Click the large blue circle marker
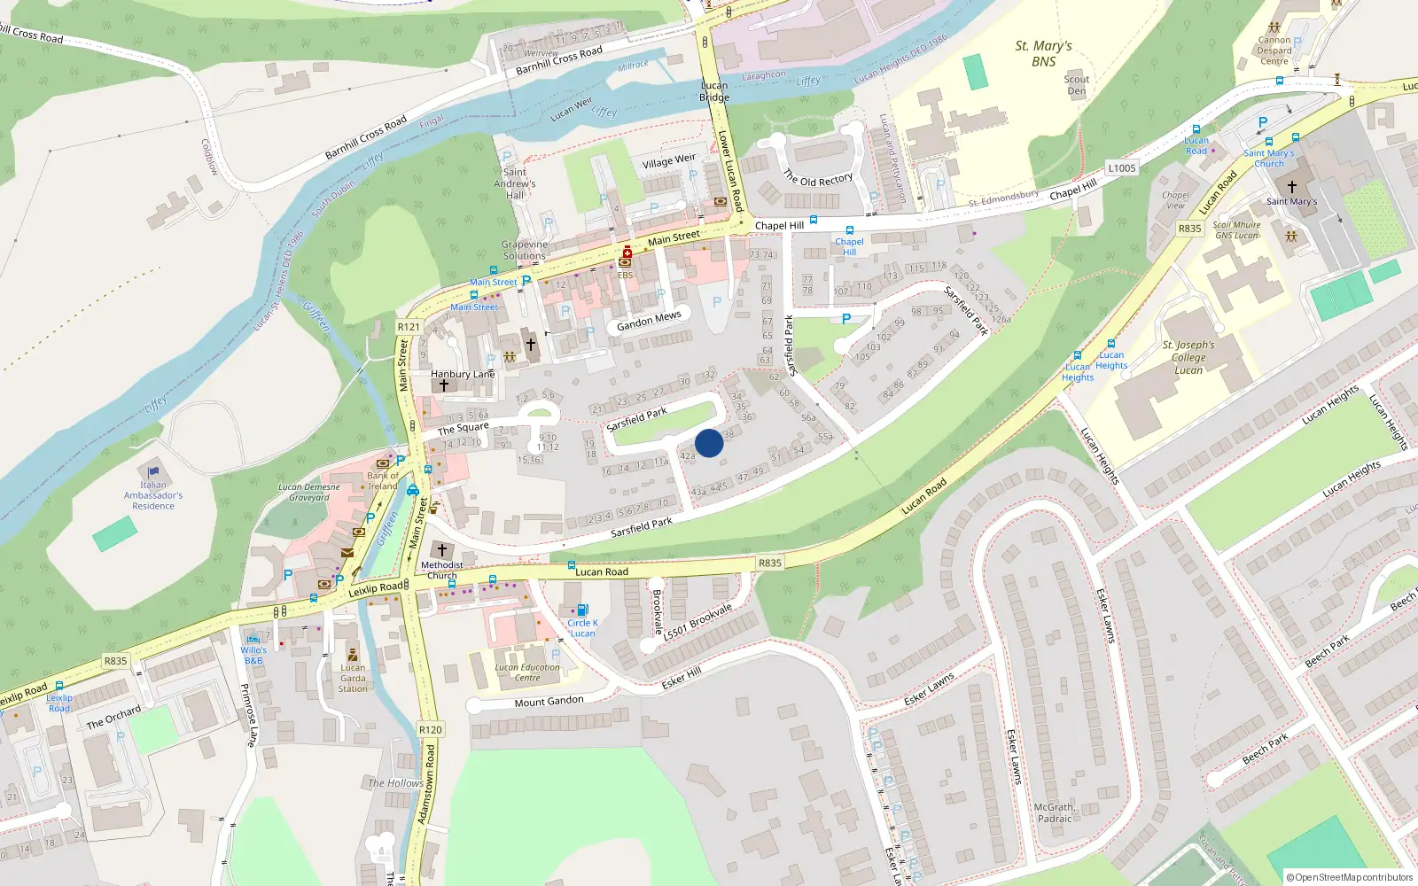pyautogui.click(x=709, y=443)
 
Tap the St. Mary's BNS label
pyautogui.click(x=1043, y=53)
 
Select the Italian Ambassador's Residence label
pyautogui.click(x=153, y=495)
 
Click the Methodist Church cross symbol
pyautogui.click(x=442, y=550)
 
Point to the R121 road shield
pyautogui.click(x=409, y=327)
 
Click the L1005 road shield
pyautogui.click(x=1121, y=168)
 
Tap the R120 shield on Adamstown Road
pyautogui.click(x=430, y=730)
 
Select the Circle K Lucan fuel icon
pyautogui.click(x=582, y=610)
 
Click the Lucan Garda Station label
pyautogui.click(x=353, y=679)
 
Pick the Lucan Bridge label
pyautogui.click(x=714, y=91)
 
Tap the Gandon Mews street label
pyautogui.click(x=649, y=321)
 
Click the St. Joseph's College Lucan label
pyautogui.click(x=1188, y=357)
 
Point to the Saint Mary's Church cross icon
pyautogui.click(x=1291, y=187)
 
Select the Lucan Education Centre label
pyautogui.click(x=527, y=672)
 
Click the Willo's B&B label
pyautogui.click(x=253, y=655)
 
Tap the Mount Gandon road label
pyautogui.click(x=549, y=702)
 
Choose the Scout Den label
pyautogui.click(x=1077, y=85)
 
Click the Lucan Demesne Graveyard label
pyautogui.click(x=308, y=492)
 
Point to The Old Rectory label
pyautogui.click(x=818, y=178)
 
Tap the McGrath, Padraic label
pyautogui.click(x=1054, y=812)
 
